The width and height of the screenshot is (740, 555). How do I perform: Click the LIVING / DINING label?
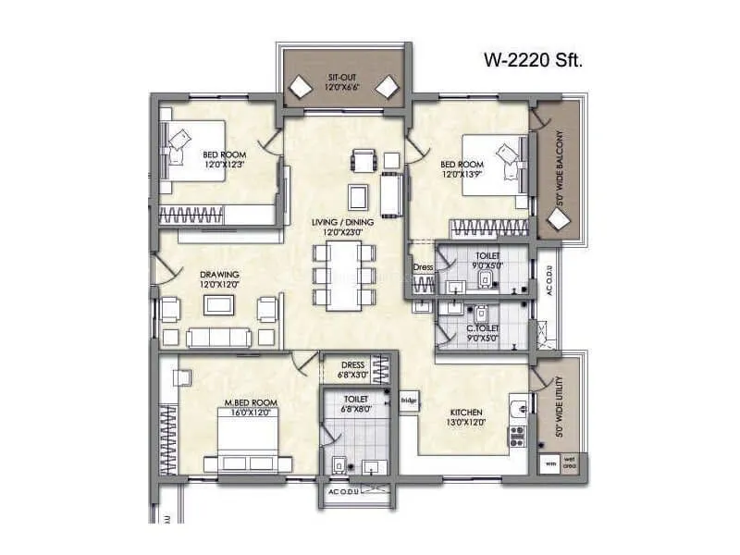(341, 222)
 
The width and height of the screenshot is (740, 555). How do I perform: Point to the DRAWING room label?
(220, 274)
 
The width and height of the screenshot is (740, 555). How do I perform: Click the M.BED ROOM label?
(251, 402)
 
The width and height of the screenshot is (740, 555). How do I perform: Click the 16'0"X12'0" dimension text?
(251, 413)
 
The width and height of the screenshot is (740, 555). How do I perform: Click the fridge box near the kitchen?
(408, 401)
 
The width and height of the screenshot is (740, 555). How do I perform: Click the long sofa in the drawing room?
(218, 338)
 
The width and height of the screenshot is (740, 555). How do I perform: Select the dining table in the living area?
(341, 275)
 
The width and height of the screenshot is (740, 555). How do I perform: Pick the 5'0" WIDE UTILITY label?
(559, 407)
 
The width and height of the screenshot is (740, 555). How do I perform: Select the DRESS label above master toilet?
(352, 364)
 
